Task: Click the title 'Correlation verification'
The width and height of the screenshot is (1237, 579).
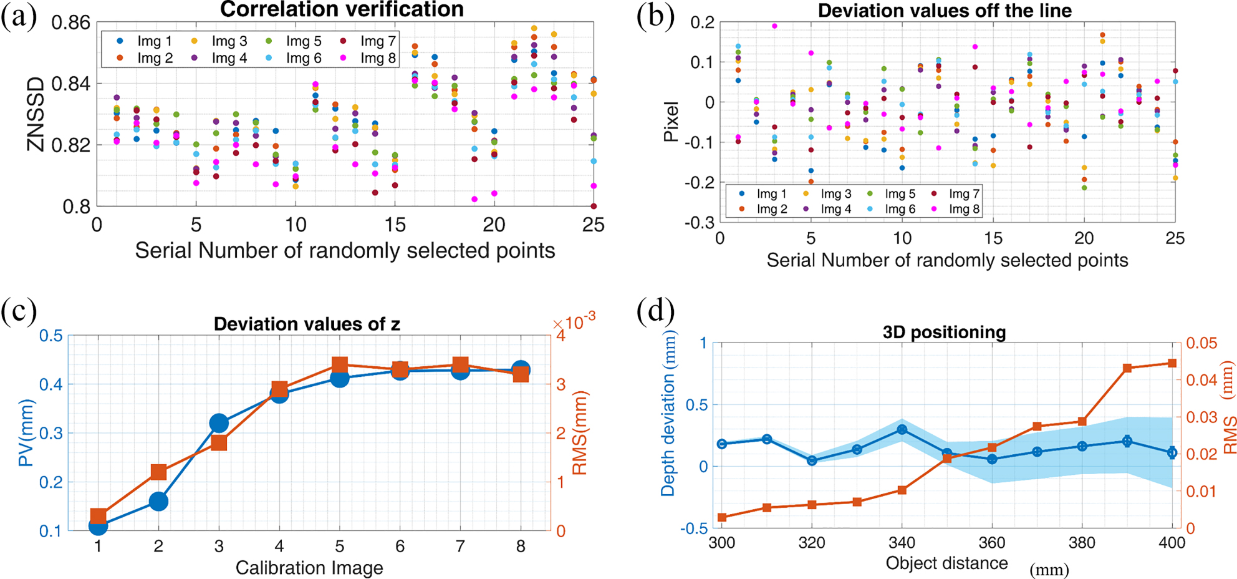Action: click(x=342, y=10)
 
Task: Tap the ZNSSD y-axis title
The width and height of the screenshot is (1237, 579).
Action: click(x=36, y=114)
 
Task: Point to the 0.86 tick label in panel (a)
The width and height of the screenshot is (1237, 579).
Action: click(x=70, y=23)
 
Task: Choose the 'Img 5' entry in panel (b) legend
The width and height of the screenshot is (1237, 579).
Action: click(x=893, y=194)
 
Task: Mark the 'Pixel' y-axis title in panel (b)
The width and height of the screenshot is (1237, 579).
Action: click(x=671, y=122)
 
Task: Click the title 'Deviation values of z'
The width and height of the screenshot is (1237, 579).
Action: click(x=307, y=324)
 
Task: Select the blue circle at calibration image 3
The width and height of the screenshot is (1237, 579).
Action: click(x=219, y=424)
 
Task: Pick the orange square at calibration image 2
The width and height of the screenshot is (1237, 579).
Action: click(x=158, y=472)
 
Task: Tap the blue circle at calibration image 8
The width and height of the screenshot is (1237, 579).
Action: click(x=521, y=370)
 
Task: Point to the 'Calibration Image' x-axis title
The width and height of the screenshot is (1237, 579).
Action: click(x=309, y=568)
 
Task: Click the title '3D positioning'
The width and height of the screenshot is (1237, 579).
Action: click(x=944, y=332)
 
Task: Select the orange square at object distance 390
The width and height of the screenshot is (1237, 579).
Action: click(x=1127, y=368)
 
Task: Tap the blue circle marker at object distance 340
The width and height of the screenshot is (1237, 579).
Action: click(x=902, y=429)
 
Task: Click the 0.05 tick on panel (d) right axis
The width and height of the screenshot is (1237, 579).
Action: click(x=1201, y=343)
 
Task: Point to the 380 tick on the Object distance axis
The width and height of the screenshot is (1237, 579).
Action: click(x=1081, y=543)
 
